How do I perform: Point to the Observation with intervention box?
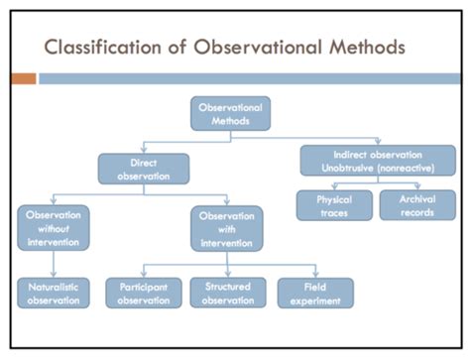pos(228,226)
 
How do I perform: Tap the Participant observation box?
pos(145,293)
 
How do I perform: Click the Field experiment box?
pos(315,293)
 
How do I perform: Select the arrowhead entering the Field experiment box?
pos(315,274)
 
